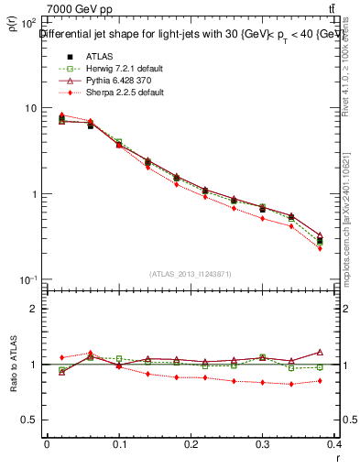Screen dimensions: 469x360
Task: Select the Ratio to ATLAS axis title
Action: click(x=12, y=365)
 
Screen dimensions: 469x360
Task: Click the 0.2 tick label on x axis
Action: click(x=191, y=446)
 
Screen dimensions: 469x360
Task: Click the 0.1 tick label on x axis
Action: click(x=119, y=446)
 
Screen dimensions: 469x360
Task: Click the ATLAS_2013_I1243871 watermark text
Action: click(x=191, y=274)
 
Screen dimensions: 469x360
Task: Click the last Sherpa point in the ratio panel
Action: click(x=320, y=380)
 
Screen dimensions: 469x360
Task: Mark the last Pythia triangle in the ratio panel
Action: click(x=320, y=352)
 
